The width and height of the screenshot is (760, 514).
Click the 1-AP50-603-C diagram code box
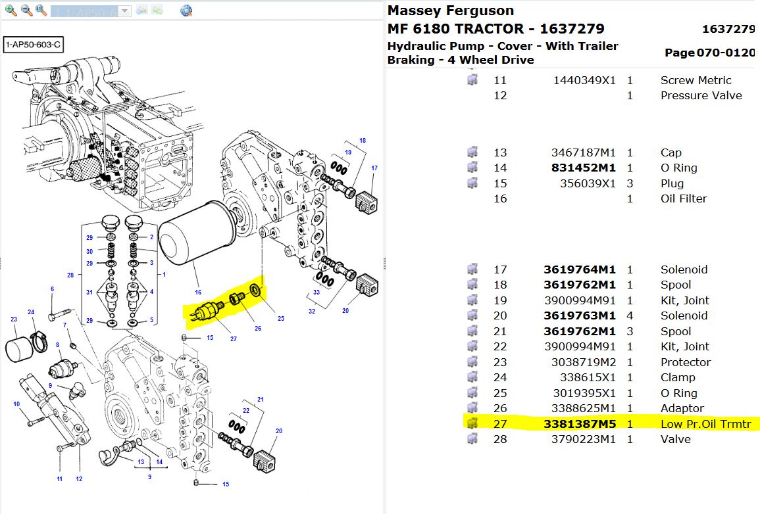(32, 45)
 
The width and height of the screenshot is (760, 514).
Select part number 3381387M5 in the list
(580, 424)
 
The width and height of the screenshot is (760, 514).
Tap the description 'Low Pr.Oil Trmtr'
(705, 424)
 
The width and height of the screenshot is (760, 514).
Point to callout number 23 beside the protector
(14, 319)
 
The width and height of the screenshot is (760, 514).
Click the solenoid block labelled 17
(367, 199)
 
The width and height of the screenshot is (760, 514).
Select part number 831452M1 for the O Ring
(584, 168)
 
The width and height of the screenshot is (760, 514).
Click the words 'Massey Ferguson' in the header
(451, 11)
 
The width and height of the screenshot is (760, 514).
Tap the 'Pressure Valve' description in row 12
(701, 95)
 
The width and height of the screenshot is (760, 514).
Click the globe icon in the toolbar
(186, 11)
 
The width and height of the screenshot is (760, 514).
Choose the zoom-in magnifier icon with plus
(11, 10)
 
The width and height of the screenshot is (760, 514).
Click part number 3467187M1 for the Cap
(584, 152)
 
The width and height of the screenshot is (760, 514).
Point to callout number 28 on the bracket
(70, 275)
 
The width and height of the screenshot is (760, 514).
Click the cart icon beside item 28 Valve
(472, 439)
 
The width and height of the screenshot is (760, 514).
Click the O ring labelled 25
(256, 292)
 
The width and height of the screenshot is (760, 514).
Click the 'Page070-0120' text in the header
(709, 53)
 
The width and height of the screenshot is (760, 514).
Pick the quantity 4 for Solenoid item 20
(630, 315)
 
